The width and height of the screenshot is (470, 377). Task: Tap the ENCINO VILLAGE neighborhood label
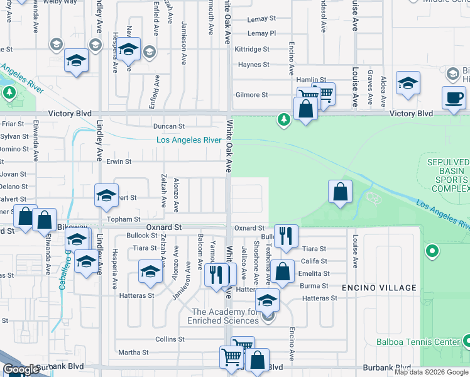[379, 288]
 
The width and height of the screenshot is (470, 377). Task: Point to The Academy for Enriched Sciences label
[226, 316]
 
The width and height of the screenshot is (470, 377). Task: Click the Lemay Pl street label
[261, 33]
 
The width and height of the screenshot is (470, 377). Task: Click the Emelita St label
[314, 273]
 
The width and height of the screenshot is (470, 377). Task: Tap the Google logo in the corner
[21, 370]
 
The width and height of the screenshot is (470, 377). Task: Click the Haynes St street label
[253, 65]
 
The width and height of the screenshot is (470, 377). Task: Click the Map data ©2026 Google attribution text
[431, 372]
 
